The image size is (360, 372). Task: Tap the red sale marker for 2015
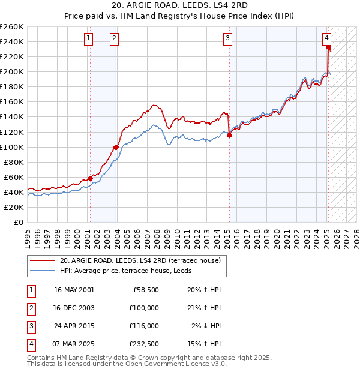pyautogui.click(x=229, y=136)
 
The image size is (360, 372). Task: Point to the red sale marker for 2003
pyautogui.click(x=116, y=147)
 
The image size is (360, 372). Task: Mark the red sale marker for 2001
pyautogui.click(x=90, y=178)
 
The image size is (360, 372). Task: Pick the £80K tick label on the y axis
pyautogui.click(x=13, y=162)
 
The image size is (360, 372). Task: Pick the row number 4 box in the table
pyautogui.click(x=30, y=344)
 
